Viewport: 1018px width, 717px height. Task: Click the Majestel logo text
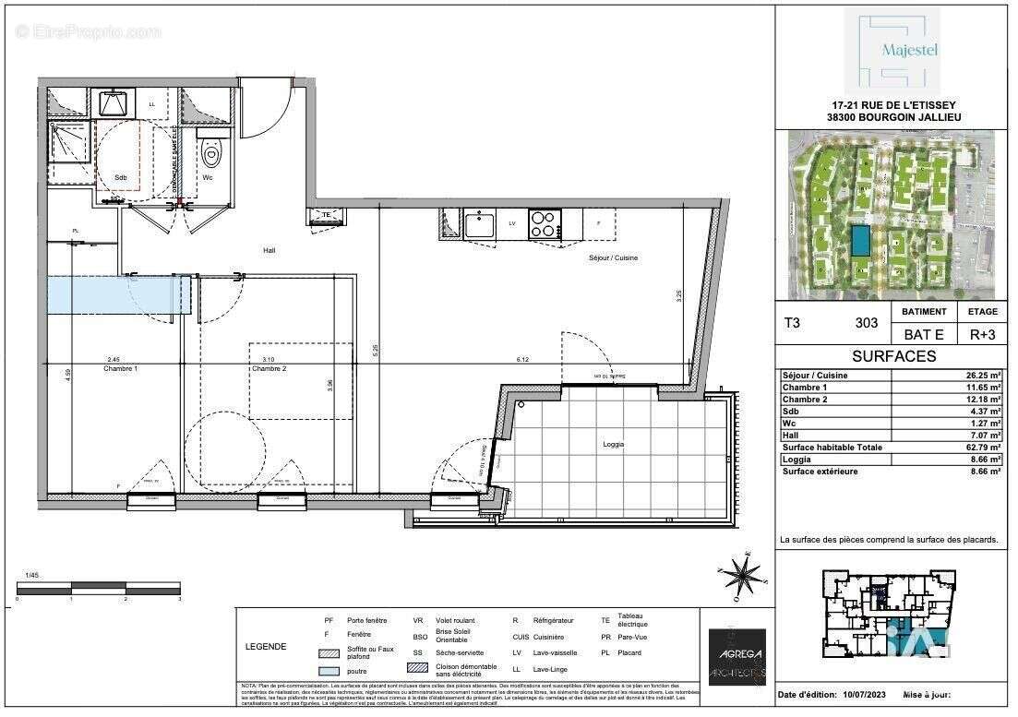(911, 51)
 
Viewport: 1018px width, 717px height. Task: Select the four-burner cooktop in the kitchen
(544, 223)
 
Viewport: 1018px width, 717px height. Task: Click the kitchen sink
(481, 223)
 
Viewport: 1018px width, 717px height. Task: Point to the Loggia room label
(612, 445)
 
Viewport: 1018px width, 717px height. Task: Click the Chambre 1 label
(121, 369)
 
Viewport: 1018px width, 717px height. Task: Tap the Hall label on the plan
(269, 250)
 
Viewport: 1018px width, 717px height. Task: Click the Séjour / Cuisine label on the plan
(613, 258)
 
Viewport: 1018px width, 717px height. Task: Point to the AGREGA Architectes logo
(736, 656)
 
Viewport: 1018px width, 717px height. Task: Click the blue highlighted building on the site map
(860, 242)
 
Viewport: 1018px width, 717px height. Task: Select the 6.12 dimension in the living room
(522, 360)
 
